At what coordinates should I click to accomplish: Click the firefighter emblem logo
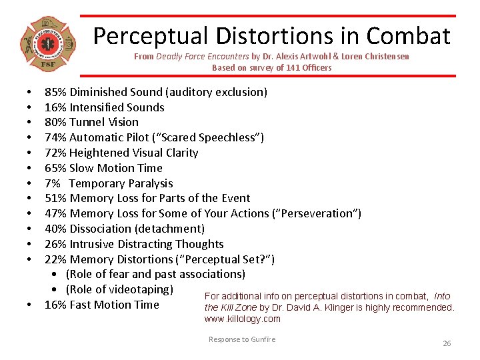pos(47,45)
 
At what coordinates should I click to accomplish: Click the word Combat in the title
pos(409,35)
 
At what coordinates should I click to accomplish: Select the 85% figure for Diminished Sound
pos(55,92)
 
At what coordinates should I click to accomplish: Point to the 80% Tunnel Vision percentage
pos(55,122)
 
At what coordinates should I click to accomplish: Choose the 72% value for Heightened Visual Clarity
pos(55,153)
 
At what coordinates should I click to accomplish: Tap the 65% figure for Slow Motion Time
pos(55,168)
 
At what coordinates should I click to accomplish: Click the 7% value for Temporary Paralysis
pos(52,183)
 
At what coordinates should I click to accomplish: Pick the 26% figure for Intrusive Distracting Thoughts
pos(55,244)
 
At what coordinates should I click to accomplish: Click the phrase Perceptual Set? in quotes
pos(229,259)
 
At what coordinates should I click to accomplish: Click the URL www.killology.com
pos(243,319)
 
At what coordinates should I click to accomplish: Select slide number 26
pos(447,343)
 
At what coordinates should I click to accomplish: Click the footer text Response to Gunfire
pos(241,339)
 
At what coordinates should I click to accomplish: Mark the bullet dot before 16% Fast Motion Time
pos(30,305)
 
